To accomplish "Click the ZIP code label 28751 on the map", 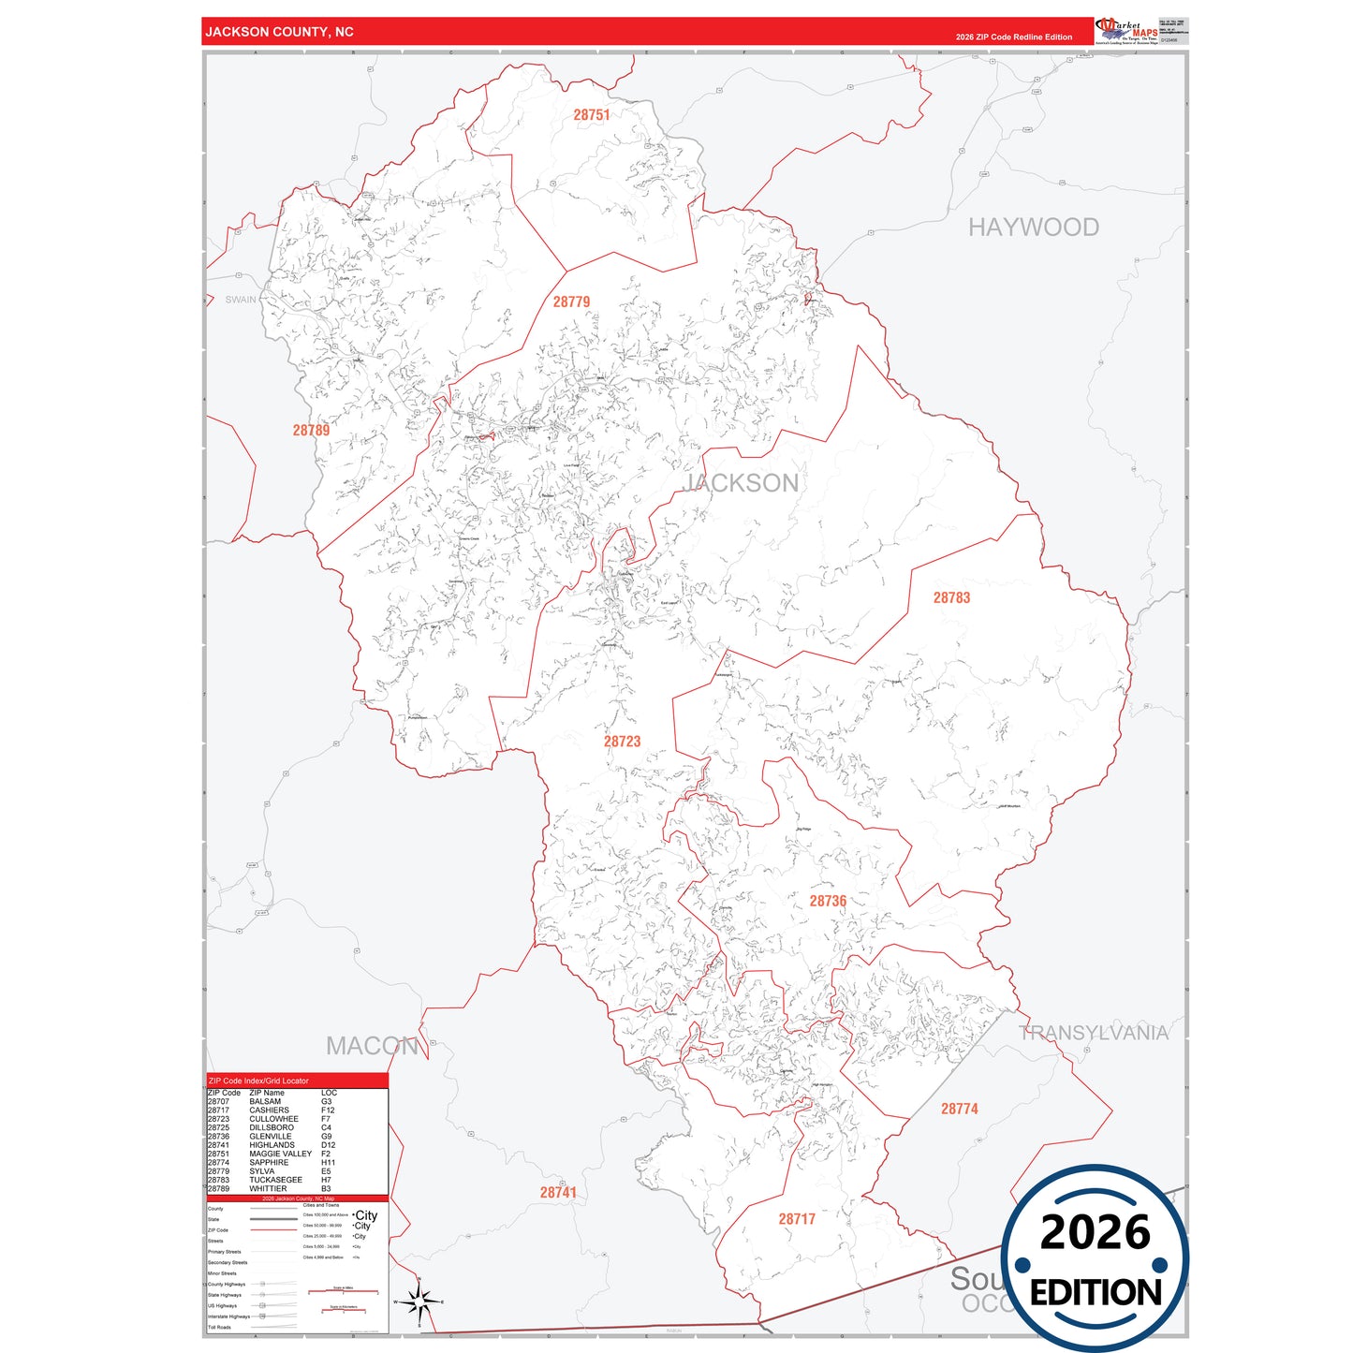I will point(591,115).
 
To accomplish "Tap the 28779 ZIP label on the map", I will point(571,301).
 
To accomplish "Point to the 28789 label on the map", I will point(311,431).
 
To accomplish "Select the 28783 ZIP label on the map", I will point(951,597).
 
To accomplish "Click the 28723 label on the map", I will point(622,742).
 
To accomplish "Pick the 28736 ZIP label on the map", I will point(828,901).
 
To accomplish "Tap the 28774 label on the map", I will point(959,1109).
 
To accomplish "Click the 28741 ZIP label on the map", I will point(558,1192).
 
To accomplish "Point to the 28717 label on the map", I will point(797,1219).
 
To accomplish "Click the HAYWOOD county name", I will point(1033,228).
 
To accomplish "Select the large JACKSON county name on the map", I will point(742,483).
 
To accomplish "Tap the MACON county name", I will point(372,1046).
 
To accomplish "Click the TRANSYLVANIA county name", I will point(1093,1033).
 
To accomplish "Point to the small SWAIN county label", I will point(241,300).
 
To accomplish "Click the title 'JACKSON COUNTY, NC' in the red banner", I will point(279,32).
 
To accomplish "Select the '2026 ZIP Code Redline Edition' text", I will point(1013,37).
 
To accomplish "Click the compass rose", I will point(419,1302).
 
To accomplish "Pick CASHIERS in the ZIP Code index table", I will point(269,1110).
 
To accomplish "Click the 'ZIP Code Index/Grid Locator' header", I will point(258,1081).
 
